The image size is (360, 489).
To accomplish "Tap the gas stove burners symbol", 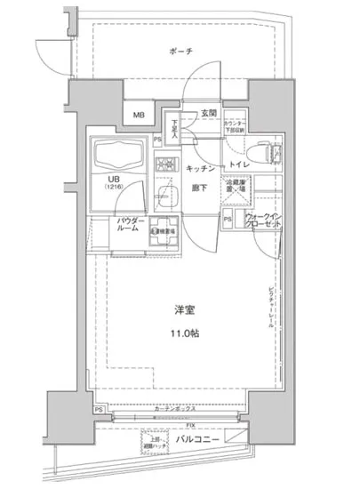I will click(x=166, y=166).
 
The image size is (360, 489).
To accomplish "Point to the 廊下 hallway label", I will click(x=200, y=188).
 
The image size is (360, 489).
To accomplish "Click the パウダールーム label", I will click(x=128, y=226).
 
